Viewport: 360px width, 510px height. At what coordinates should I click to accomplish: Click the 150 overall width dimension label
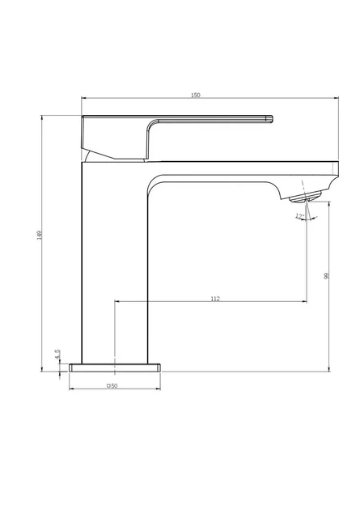click(196, 96)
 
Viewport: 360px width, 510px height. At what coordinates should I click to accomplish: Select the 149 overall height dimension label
click(40, 235)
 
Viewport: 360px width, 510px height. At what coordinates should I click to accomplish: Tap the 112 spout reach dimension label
click(215, 299)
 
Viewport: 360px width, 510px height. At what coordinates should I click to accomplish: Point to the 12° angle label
click(299, 216)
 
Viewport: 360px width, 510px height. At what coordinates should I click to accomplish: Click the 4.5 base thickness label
click(57, 355)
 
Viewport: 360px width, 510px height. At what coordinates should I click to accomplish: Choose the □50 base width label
click(112, 386)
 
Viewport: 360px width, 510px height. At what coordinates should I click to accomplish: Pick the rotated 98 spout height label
click(326, 276)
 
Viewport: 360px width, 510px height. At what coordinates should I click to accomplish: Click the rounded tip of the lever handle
click(270, 119)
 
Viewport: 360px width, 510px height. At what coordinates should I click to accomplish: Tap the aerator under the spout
click(305, 197)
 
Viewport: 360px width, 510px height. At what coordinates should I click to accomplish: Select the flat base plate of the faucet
click(115, 368)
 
